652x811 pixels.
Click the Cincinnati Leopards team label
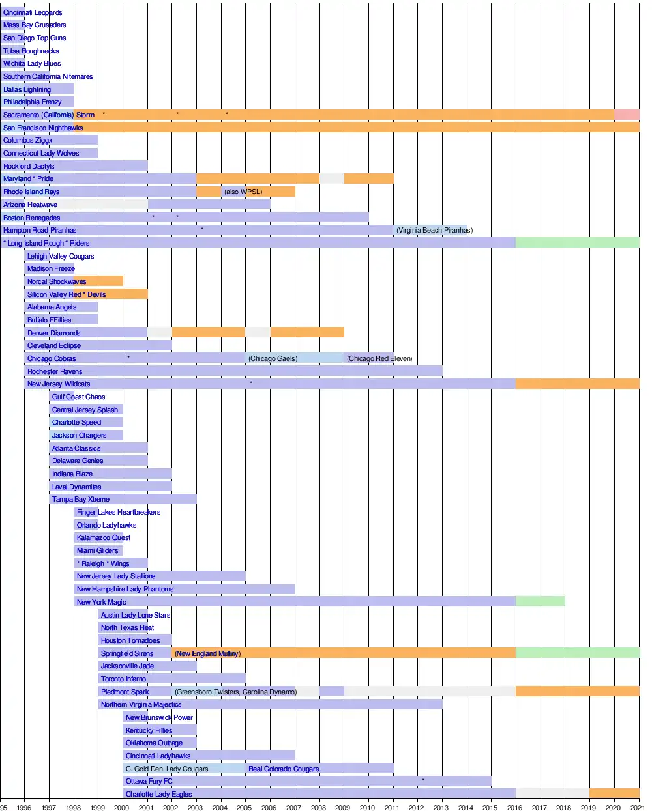point(33,12)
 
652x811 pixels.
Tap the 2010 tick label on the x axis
point(367,808)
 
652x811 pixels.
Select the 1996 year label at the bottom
point(24,808)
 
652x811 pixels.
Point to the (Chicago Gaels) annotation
point(273,358)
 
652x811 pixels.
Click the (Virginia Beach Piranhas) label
point(434,230)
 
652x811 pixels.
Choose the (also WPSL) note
point(243,192)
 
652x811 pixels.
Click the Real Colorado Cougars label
point(284,769)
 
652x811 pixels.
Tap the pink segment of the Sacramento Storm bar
point(627,115)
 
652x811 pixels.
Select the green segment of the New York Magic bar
point(540,602)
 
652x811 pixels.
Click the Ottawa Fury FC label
point(149,781)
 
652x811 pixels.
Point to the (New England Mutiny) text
point(207,653)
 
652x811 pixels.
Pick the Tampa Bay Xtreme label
point(81,499)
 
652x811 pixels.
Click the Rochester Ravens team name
point(55,371)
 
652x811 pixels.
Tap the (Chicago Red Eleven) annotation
point(379,358)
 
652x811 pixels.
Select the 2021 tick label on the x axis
point(637,808)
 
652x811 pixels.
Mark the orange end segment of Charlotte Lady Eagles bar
point(614,793)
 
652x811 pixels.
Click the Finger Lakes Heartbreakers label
point(119,512)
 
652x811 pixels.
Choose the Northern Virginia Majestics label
point(141,704)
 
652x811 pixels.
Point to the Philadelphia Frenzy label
point(33,102)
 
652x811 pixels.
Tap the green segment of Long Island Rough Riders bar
point(577,243)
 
